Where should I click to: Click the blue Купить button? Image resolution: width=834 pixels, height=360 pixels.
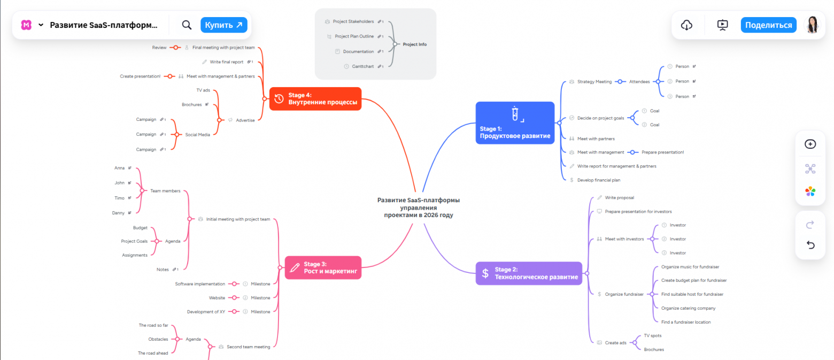click(x=223, y=25)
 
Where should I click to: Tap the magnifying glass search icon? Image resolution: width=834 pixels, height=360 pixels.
click(x=187, y=25)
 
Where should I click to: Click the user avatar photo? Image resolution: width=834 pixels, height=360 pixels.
click(x=812, y=25)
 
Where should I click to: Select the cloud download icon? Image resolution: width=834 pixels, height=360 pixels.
click(x=687, y=25)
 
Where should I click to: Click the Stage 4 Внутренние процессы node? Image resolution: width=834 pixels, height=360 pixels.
click(x=315, y=98)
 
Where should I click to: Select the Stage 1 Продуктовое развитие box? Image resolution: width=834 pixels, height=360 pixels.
click(x=514, y=123)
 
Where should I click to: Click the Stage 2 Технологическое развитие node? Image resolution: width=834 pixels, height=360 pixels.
click(x=529, y=273)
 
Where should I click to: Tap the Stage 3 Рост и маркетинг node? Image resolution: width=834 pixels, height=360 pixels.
click(x=323, y=267)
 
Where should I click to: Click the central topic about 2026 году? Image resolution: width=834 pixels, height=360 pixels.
click(x=418, y=208)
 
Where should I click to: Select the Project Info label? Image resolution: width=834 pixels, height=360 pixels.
click(x=415, y=44)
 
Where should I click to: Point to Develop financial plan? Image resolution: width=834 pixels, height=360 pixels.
click(x=598, y=180)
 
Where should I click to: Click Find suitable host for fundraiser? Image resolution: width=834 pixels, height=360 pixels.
click(x=692, y=294)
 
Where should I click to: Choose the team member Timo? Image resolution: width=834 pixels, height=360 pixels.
click(x=119, y=198)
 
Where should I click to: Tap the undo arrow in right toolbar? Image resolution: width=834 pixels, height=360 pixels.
click(x=810, y=245)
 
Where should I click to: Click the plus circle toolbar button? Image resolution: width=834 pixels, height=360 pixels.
click(x=810, y=144)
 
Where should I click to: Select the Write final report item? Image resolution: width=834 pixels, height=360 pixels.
click(x=226, y=62)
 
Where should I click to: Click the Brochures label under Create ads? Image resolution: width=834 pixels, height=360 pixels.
click(x=653, y=349)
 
